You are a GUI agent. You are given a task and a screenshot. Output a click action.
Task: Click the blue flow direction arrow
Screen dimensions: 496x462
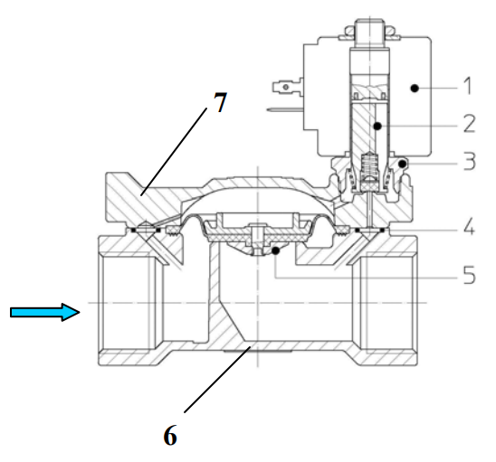pyautogui.click(x=45, y=312)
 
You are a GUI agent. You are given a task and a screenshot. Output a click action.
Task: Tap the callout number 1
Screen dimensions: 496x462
pyautogui.click(x=469, y=85)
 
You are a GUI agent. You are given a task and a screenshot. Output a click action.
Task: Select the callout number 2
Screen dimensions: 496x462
pyautogui.click(x=470, y=124)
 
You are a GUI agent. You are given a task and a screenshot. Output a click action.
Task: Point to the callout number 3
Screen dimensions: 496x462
pyautogui.click(x=470, y=161)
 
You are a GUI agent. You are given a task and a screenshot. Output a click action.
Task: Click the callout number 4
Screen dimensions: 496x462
pyautogui.click(x=470, y=226)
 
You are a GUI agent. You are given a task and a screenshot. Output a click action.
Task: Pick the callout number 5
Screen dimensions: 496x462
pyautogui.click(x=470, y=274)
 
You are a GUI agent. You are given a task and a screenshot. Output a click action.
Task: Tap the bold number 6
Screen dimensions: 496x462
pyautogui.click(x=170, y=435)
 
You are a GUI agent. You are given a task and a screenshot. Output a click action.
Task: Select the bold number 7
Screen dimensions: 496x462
pyautogui.click(x=221, y=102)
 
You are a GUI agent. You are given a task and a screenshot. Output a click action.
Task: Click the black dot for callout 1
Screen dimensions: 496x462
pyautogui.click(x=415, y=89)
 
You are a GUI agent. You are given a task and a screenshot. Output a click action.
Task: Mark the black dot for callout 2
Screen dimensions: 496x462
pyautogui.click(x=377, y=127)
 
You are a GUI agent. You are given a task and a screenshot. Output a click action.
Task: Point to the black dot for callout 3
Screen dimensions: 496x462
pyautogui.click(x=402, y=164)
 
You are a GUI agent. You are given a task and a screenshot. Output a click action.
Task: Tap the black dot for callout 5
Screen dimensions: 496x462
pyautogui.click(x=276, y=251)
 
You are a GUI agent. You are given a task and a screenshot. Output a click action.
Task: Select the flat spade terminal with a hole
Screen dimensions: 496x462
pyautogui.click(x=287, y=87)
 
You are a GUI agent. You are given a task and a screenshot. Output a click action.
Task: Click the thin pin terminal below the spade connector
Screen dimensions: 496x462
pyautogui.click(x=285, y=109)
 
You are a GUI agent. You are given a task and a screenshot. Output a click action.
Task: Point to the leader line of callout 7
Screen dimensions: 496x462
pyautogui.click(x=174, y=151)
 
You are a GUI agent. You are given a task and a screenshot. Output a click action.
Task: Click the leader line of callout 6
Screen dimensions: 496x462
pyautogui.click(x=217, y=379)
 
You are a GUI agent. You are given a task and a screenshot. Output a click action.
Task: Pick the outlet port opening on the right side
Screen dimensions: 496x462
pyautogui.click(x=390, y=303)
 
